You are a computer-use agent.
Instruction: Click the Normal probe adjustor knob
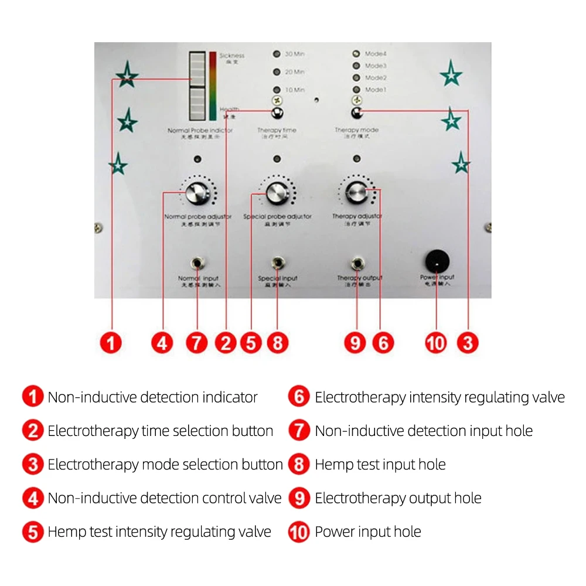pyautogui.click(x=197, y=193)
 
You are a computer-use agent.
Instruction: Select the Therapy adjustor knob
pyautogui.click(x=355, y=192)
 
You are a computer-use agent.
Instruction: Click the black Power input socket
pyautogui.click(x=437, y=261)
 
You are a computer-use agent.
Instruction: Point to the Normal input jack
pyautogui.click(x=197, y=263)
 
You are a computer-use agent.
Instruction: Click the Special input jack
pyautogui.click(x=277, y=262)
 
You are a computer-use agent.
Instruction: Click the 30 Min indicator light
pyautogui.click(x=277, y=54)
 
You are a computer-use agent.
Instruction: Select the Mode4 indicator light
pyautogui.click(x=356, y=54)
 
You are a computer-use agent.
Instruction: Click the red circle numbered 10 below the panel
pyautogui.click(x=436, y=343)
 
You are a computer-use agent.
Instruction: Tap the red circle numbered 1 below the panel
pyautogui.click(x=111, y=342)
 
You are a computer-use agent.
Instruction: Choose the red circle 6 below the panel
pyautogui.click(x=383, y=342)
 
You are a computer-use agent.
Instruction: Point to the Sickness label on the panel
pyautogui.click(x=231, y=56)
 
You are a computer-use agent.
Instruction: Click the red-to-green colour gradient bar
pyautogui.click(x=213, y=90)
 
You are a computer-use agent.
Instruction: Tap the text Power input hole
pyautogui.click(x=368, y=532)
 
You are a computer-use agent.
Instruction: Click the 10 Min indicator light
pyautogui.click(x=277, y=90)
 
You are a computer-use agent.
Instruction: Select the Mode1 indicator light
pyautogui.click(x=356, y=90)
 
